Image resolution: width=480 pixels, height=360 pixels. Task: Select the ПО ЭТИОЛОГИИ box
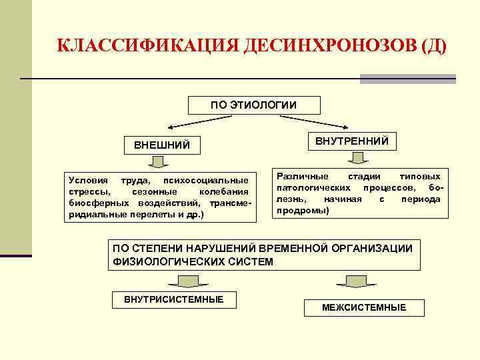(x=254, y=105)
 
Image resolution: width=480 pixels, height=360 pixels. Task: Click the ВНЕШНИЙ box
(x=162, y=145)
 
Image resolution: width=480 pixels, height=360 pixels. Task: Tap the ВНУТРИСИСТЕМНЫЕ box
(x=174, y=299)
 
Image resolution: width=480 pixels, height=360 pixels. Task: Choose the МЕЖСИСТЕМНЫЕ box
(x=364, y=307)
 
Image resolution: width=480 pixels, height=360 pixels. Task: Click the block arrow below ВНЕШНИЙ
(x=159, y=162)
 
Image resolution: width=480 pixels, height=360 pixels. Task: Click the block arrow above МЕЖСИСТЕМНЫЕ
(x=356, y=281)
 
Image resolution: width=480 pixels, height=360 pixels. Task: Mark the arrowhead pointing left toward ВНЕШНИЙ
(x=171, y=127)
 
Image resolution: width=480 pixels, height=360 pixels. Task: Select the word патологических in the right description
(x=309, y=188)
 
